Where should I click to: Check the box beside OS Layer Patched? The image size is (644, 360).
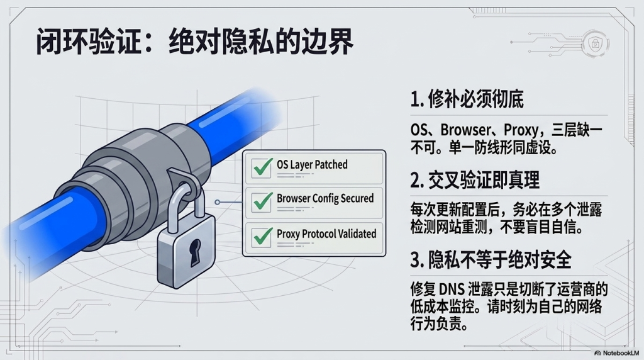click(x=261, y=167)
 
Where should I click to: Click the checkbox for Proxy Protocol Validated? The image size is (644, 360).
click(x=261, y=237)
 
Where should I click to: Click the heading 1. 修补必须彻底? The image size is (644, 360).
click(x=467, y=99)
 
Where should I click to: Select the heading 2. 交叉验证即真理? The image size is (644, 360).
click(x=475, y=180)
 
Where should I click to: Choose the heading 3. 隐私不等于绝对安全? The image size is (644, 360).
click(x=491, y=260)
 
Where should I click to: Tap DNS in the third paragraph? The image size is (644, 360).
click(x=452, y=290)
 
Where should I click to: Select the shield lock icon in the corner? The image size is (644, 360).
click(x=595, y=43)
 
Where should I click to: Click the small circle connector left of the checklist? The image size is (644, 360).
click(x=217, y=202)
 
